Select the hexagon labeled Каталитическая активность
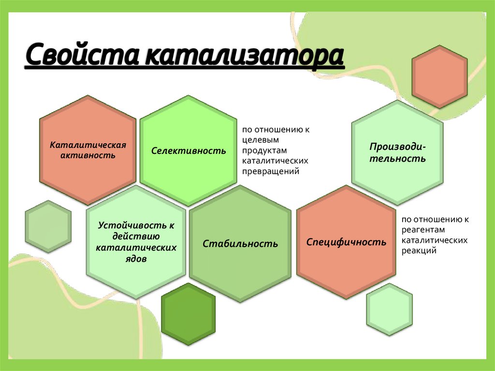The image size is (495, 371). tap(88, 150)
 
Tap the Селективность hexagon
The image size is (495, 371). tap(189, 150)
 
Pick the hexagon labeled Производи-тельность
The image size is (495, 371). tap(398, 152)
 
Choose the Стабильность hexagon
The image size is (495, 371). tap(240, 244)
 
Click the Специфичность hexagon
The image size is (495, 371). tap(346, 242)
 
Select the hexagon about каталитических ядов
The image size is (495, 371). tap(136, 242)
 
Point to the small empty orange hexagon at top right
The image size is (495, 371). tap(439, 76)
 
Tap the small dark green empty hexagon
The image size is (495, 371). tap(188, 314)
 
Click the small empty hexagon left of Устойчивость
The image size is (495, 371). tap(48, 226)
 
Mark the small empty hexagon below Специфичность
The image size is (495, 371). tap(389, 310)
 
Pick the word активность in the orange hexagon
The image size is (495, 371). tap(88, 155)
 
